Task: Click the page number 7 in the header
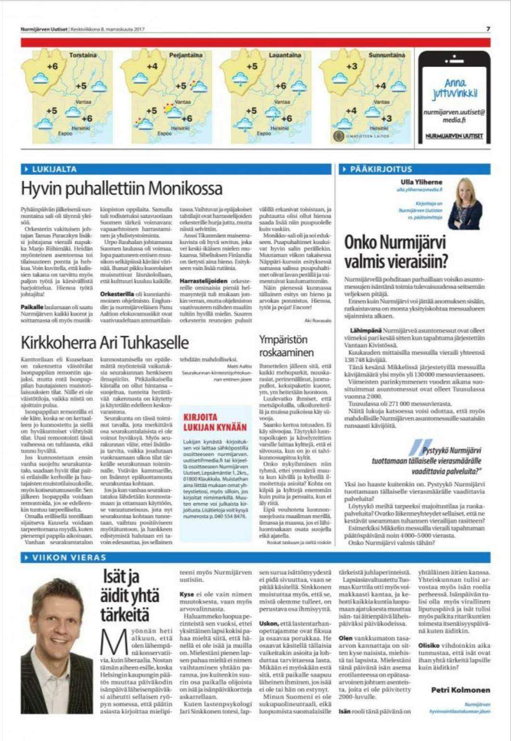[488, 29]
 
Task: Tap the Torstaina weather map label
[83, 55]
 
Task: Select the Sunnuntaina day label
[387, 55]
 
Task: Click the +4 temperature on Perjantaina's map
[152, 66]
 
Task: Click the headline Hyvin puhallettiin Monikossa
[122, 188]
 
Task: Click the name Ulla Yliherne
[421, 182]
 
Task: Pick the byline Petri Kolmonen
[460, 690]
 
